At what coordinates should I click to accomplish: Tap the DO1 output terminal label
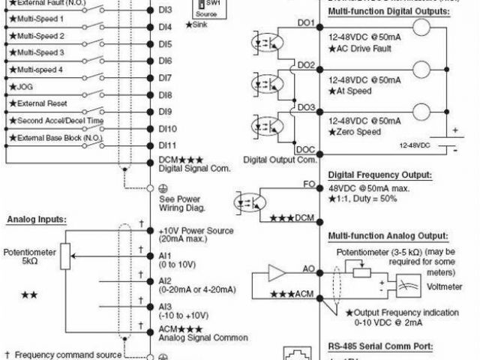[306, 23]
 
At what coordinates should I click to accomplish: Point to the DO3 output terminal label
[306, 107]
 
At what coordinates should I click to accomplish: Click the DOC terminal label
[305, 149]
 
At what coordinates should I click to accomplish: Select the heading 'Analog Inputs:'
[37, 220]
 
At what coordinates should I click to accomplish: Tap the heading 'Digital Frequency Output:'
[380, 175]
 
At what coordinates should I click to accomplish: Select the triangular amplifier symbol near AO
[277, 271]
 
